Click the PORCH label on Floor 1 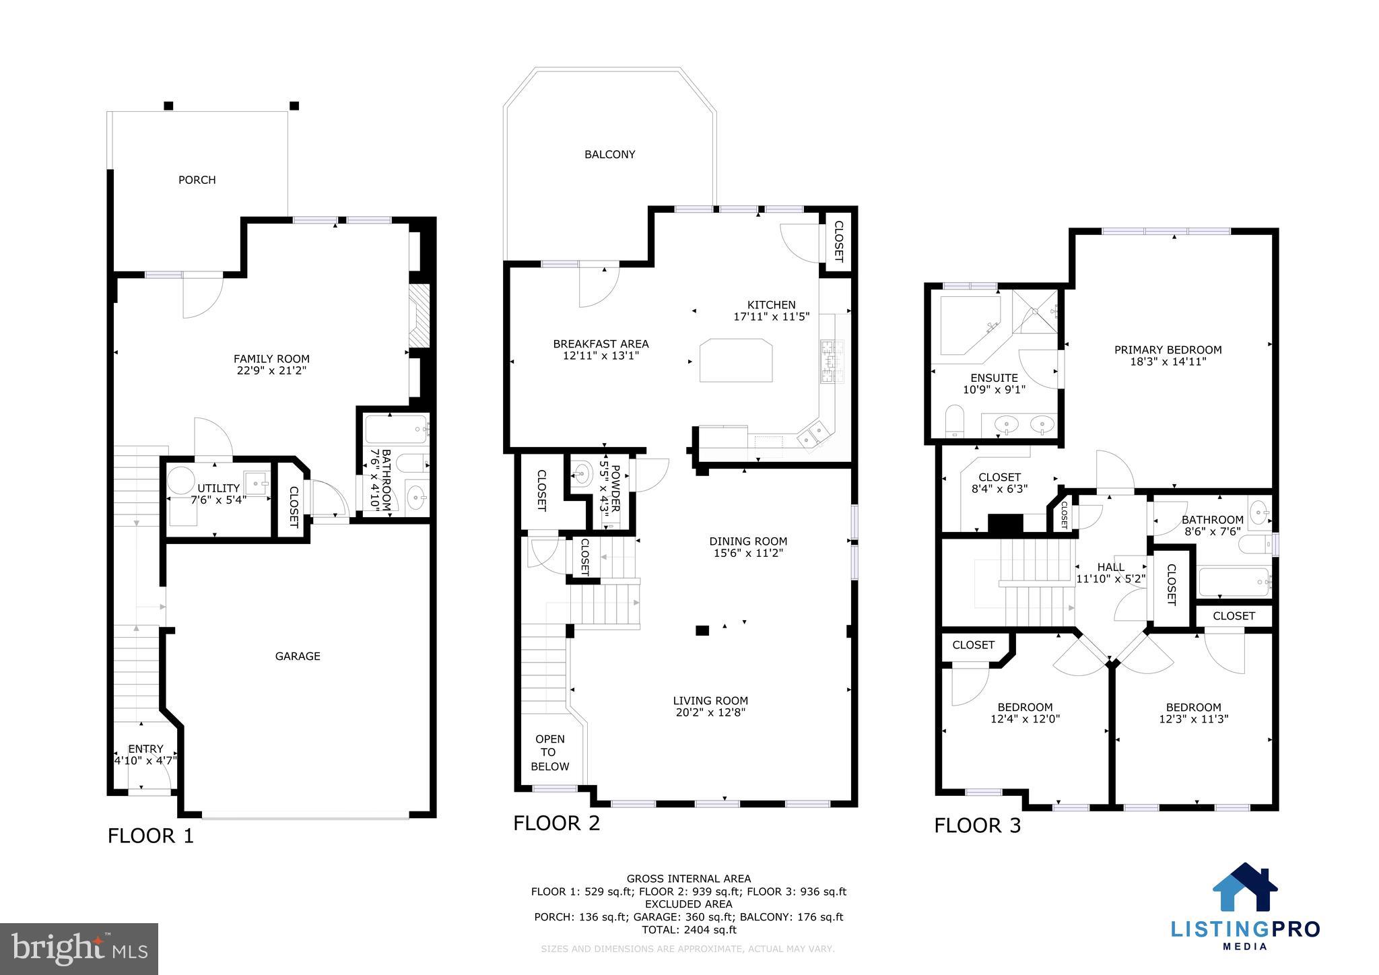[197, 180]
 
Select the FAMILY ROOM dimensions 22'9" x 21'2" [271, 370]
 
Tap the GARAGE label [298, 656]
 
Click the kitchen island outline [735, 361]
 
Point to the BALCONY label [609, 154]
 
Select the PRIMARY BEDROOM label [1168, 349]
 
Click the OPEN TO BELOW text [549, 753]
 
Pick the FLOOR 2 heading [556, 823]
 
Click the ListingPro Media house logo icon [1245, 887]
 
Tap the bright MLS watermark [79, 949]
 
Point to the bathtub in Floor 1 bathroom [396, 430]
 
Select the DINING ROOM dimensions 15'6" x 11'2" [747, 553]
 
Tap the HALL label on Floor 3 [1110, 567]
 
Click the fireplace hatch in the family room [419, 316]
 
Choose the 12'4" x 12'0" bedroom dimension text [1025, 718]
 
